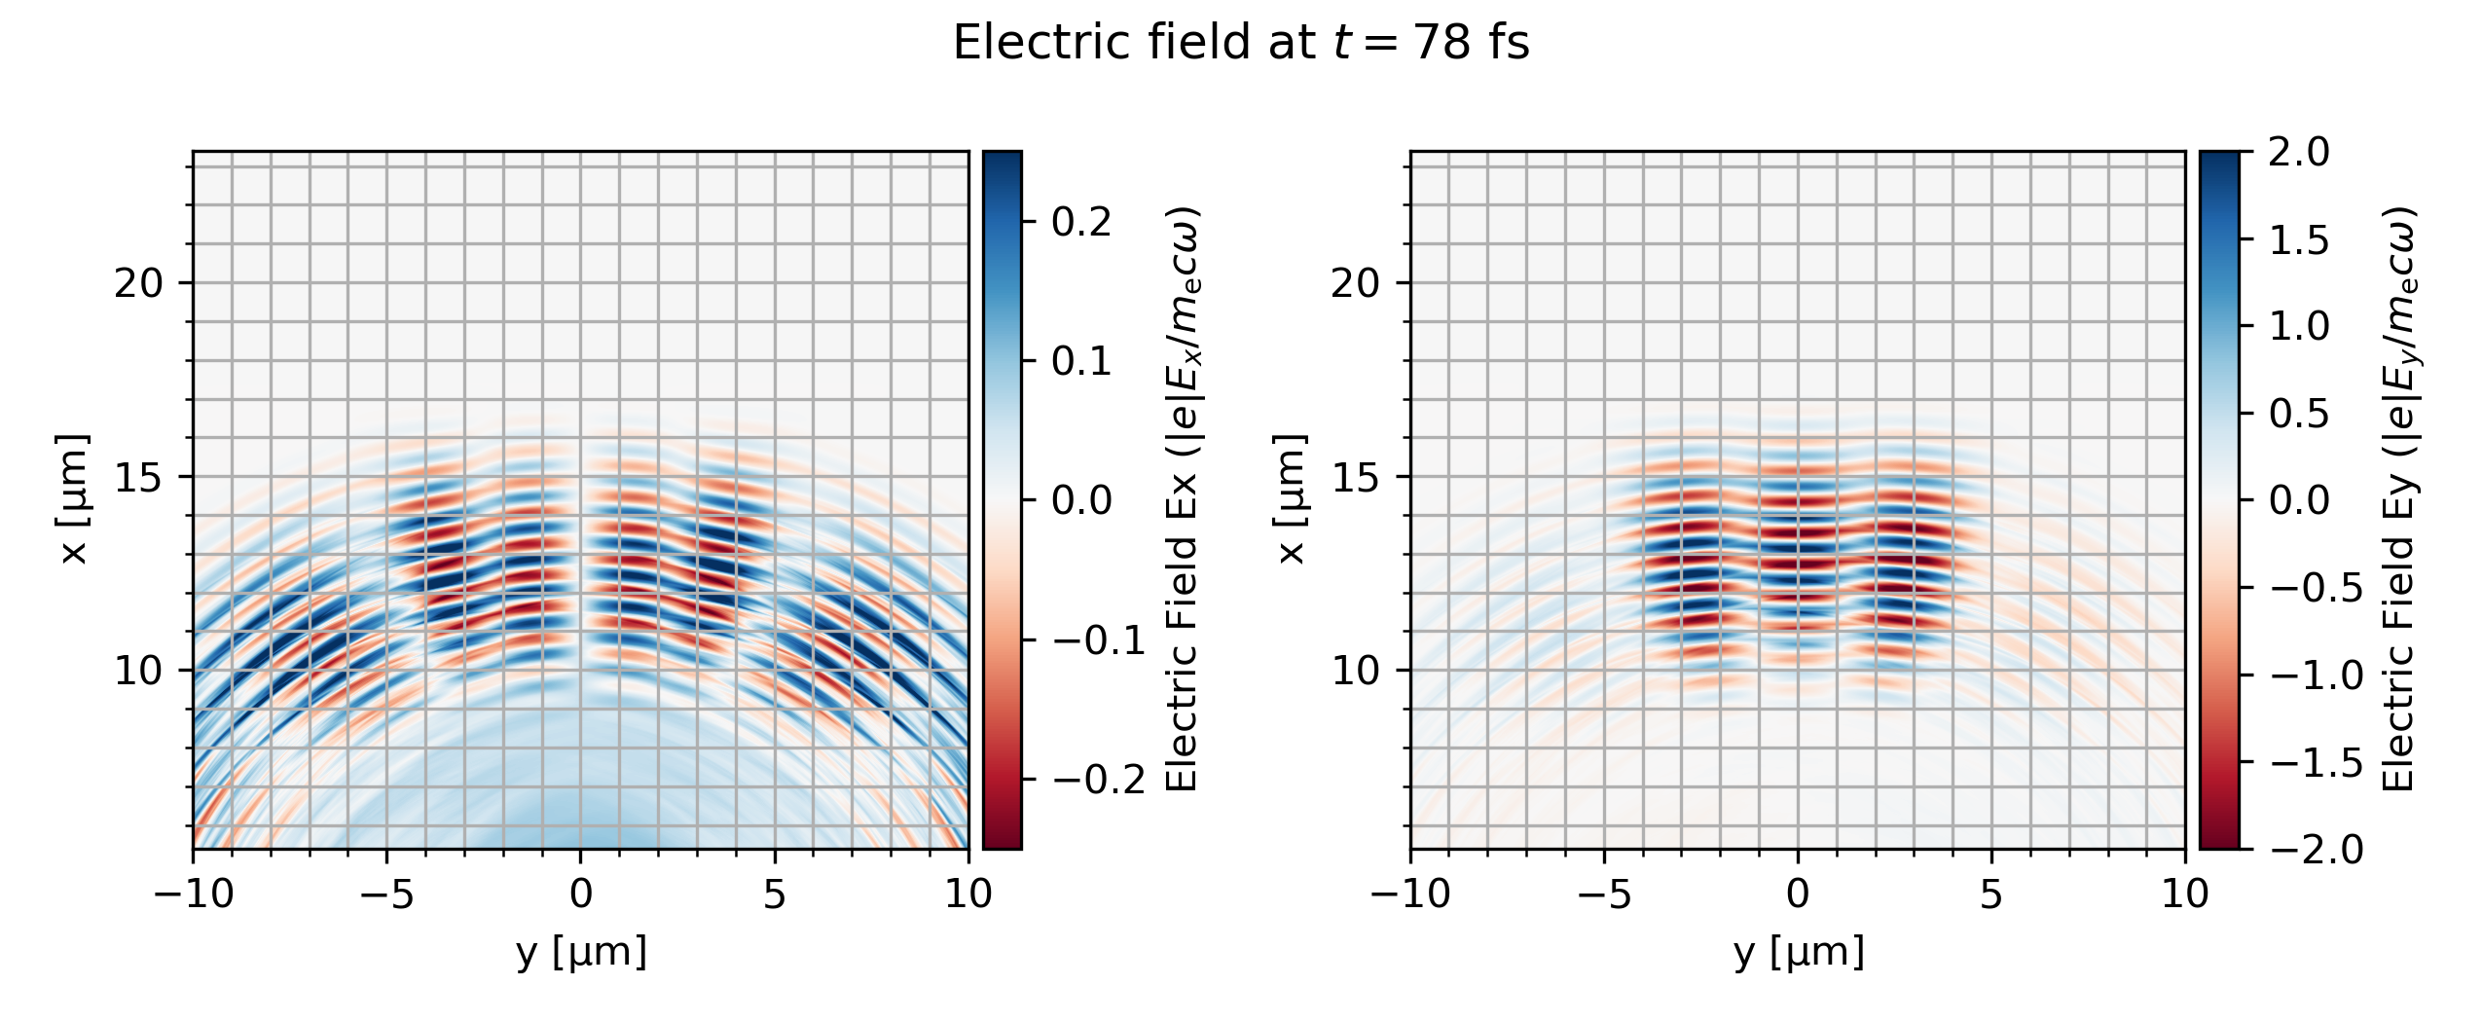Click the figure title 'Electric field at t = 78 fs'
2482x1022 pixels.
pos(1241,44)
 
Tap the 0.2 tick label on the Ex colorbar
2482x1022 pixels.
pos(1081,223)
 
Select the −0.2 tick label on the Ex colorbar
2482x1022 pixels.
pos(1099,780)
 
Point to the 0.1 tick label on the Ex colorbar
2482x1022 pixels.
pos(1081,362)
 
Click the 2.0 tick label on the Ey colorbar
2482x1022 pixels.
pos(2299,153)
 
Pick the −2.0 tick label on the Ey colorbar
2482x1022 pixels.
pos(2317,850)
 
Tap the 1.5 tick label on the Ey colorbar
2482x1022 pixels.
pos(2299,239)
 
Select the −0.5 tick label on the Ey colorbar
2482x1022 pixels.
pos(2317,588)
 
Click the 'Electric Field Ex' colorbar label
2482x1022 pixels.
pos(1183,499)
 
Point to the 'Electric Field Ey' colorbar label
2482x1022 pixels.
pos(2399,499)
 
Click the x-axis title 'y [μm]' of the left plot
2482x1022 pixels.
pos(581,952)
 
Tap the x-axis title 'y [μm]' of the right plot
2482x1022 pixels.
pos(1799,952)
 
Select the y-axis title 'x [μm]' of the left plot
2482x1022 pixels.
pos(74,499)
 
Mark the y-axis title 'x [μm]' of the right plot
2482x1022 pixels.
pos(1291,499)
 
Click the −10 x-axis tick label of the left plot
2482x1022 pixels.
pos(194,894)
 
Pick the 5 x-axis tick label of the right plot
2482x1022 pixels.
pos(1991,894)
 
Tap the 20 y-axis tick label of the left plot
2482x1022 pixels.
pos(138,283)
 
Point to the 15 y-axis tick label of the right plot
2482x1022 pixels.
pos(1355,477)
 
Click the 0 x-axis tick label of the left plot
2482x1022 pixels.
pos(581,894)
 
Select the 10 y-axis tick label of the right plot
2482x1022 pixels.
pos(1355,671)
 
